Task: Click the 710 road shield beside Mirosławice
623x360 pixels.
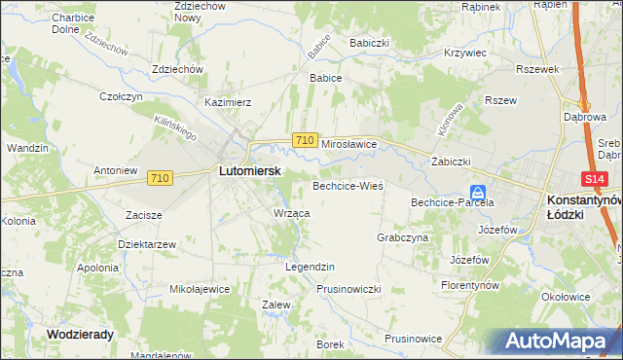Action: click(305, 141)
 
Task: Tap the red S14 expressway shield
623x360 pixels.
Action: click(596, 180)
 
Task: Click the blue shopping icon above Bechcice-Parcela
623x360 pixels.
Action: click(478, 192)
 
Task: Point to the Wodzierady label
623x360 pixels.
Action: click(80, 333)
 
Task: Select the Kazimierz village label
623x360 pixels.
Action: click(228, 101)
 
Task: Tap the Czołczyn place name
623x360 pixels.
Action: click(122, 96)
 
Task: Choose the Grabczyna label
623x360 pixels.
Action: click(402, 237)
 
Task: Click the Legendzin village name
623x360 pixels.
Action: click(310, 267)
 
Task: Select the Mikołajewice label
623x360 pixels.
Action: click(200, 289)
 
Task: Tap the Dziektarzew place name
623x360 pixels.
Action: click(146, 244)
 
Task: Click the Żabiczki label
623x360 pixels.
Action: click(451, 162)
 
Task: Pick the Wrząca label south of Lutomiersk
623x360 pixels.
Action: click(292, 213)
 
